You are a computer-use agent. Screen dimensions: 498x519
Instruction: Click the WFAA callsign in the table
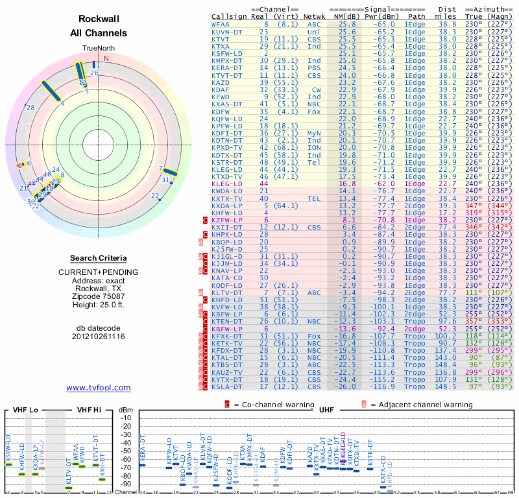pos(221,23)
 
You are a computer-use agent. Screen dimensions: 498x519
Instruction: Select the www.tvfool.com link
pos(98,388)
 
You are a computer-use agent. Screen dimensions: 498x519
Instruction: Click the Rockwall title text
pos(98,19)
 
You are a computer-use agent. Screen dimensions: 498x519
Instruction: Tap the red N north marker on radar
pos(106,58)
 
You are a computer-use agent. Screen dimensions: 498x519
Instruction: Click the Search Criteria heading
pos(98,258)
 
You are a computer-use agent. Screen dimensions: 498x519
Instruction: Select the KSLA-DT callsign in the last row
pos(227,386)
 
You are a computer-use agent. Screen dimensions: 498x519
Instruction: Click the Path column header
pos(418,16)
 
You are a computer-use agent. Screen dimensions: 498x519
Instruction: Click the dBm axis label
pos(125,410)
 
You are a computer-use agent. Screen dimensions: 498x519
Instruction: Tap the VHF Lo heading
pos(25,410)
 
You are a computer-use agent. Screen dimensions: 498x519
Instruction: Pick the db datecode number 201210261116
pos(98,336)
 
